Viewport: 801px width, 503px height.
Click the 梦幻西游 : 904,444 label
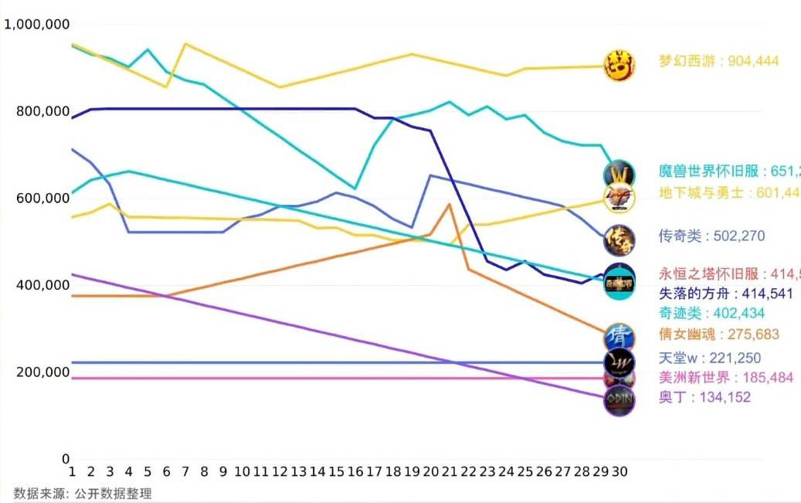pyautogui.click(x=718, y=61)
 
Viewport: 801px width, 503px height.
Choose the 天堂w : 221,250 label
pyautogui.click(x=709, y=358)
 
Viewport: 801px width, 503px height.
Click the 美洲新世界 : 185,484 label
pyautogui.click(x=714, y=378)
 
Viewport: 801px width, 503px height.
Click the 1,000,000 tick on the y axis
pyautogui.click(x=37, y=25)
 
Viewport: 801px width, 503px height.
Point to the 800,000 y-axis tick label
pyautogui.click(x=43, y=112)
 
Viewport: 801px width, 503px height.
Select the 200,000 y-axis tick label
pyautogui.click(x=43, y=372)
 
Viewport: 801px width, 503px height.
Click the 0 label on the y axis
pyautogui.click(x=66, y=459)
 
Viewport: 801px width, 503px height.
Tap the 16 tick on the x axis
pyautogui.click(x=355, y=471)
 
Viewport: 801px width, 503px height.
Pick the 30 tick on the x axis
pyautogui.click(x=619, y=471)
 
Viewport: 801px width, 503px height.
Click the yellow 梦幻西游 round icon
pyautogui.click(x=619, y=65)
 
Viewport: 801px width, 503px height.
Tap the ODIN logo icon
pyautogui.click(x=619, y=400)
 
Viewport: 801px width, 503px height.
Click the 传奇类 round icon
pyautogui.click(x=619, y=239)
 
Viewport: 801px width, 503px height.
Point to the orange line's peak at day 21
pyautogui.click(x=450, y=204)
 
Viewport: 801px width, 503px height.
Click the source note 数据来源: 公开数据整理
pyautogui.click(x=83, y=494)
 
